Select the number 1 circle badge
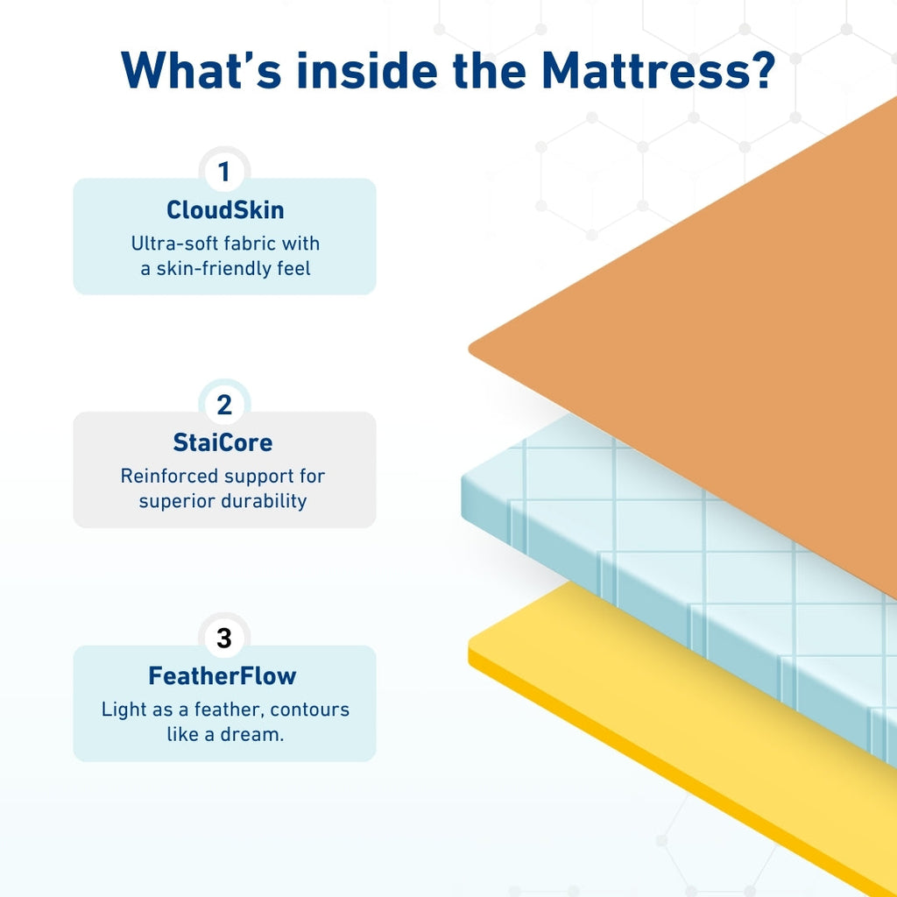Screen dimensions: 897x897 (x=224, y=172)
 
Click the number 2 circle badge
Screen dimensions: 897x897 (x=224, y=406)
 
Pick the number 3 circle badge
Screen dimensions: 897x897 (x=224, y=639)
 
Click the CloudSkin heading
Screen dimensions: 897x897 (x=224, y=210)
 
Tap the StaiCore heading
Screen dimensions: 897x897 (x=222, y=443)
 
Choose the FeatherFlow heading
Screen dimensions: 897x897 (x=222, y=676)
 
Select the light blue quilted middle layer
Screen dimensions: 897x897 (x=613, y=526)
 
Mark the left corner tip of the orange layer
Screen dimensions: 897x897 (x=472, y=349)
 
